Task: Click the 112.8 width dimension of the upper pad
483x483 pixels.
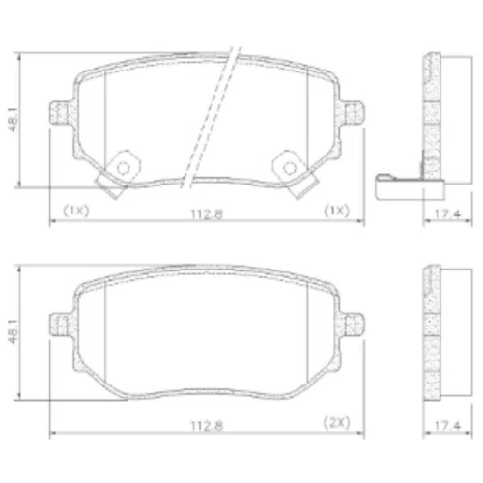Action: tap(207, 214)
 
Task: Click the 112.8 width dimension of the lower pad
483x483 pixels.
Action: tap(207, 426)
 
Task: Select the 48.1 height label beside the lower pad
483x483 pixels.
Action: tap(14, 330)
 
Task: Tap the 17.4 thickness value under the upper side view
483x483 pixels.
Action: tap(448, 214)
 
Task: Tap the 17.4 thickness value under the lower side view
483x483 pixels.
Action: tap(448, 426)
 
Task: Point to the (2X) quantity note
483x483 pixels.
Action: tap(336, 422)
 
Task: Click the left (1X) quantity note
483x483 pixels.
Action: tap(75, 211)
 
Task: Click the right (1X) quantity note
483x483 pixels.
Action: tap(336, 211)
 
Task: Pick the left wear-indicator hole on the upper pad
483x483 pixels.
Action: tap(124, 168)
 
